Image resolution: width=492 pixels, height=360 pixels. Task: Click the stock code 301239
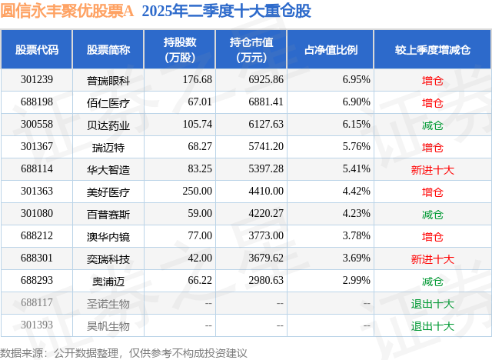click(x=37, y=80)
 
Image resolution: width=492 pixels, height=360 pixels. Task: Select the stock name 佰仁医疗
click(x=108, y=102)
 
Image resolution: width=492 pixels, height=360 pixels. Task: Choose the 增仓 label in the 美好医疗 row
click(x=433, y=192)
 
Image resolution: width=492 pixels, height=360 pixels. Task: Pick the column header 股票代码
click(x=37, y=49)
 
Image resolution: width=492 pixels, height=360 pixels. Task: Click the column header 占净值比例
click(x=337, y=49)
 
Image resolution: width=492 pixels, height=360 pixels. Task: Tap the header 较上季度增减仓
click(x=433, y=49)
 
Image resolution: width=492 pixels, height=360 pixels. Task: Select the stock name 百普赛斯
click(x=108, y=215)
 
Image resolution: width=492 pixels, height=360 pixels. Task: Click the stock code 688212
click(x=37, y=237)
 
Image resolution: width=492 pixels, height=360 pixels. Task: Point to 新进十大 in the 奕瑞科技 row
click(x=433, y=259)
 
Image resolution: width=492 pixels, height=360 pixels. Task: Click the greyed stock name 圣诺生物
click(x=108, y=304)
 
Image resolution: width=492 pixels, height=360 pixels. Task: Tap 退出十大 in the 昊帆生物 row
click(x=433, y=326)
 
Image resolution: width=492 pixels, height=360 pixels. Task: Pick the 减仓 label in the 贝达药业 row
click(x=433, y=125)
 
